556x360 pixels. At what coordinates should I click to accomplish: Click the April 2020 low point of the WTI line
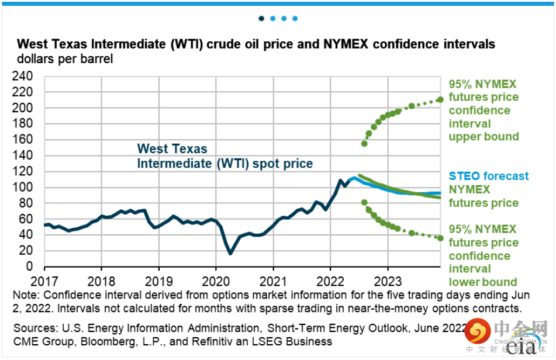point(230,253)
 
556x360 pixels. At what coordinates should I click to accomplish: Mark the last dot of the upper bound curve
point(440,99)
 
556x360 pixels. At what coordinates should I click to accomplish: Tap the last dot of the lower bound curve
point(440,238)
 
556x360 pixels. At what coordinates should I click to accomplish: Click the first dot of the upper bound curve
point(364,143)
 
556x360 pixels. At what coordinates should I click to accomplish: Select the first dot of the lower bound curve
point(364,202)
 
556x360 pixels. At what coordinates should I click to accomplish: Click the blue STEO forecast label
point(488,176)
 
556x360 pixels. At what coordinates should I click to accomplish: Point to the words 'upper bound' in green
point(484,137)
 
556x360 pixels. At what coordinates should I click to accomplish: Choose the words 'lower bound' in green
point(483,282)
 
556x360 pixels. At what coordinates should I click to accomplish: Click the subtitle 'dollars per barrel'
point(64,59)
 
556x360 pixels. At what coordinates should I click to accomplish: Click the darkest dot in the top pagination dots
point(261,18)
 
